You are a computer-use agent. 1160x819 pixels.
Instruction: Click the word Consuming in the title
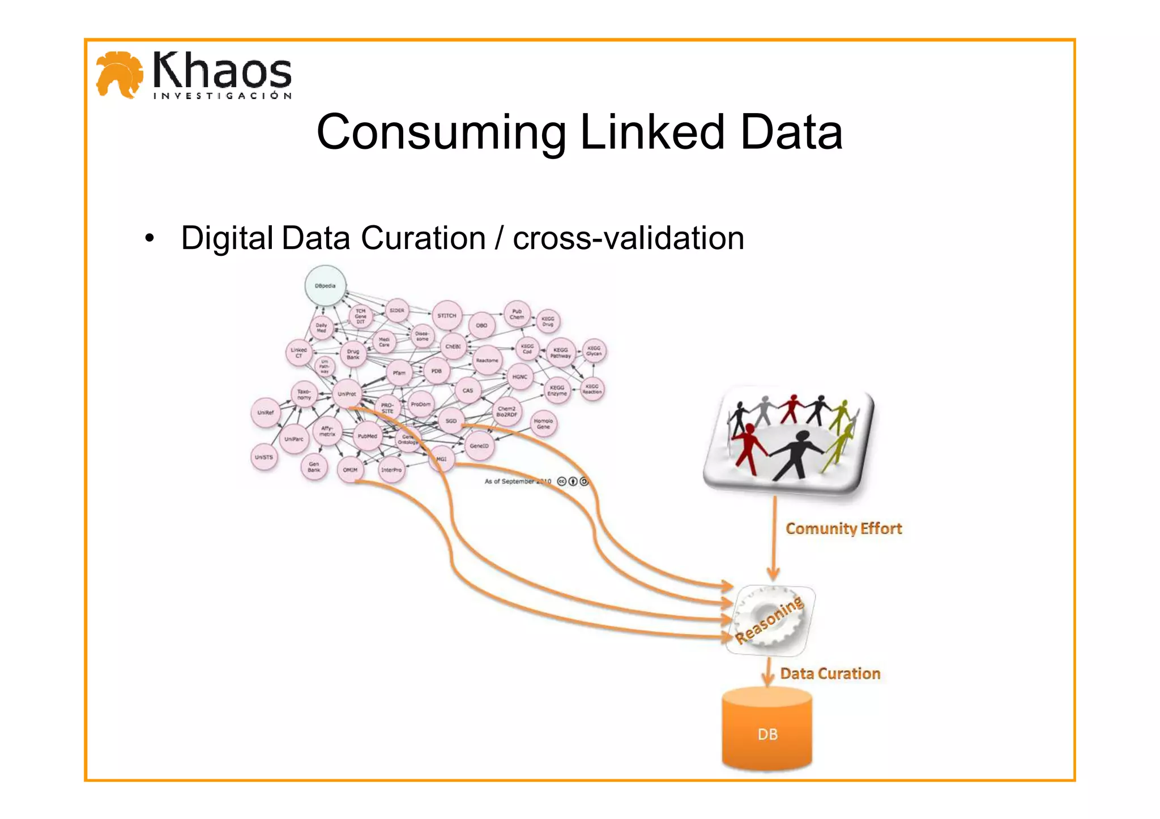coord(441,132)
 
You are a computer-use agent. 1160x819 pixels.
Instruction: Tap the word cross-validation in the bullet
coord(628,238)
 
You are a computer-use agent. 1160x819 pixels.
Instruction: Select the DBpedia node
coord(325,286)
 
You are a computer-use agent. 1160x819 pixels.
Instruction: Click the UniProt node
coord(347,394)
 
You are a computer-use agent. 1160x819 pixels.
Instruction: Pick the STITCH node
coord(447,316)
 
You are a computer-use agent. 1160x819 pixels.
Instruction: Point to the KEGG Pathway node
coord(560,353)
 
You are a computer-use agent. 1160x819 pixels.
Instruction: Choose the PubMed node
coord(367,436)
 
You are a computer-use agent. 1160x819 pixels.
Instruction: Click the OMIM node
coord(350,470)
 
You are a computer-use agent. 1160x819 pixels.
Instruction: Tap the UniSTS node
coord(264,457)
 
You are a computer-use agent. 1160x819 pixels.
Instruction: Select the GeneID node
coord(479,446)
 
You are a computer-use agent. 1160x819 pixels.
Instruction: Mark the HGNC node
coord(519,377)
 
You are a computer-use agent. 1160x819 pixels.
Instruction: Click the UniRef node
coord(266,413)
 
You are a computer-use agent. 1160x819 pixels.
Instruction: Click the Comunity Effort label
coord(843,529)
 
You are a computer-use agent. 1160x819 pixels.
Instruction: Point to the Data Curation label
coord(830,674)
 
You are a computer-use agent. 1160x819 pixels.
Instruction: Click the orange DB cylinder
coord(767,730)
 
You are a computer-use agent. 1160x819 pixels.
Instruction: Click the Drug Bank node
coord(353,354)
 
